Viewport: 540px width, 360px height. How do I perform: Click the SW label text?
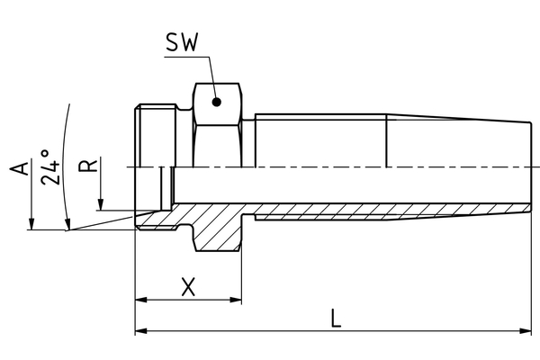(x=184, y=42)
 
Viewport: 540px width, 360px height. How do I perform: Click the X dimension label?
(x=187, y=287)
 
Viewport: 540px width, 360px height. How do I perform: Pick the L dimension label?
(x=335, y=318)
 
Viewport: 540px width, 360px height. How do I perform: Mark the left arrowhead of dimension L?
(x=140, y=331)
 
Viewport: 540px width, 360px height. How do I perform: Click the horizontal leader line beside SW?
(x=187, y=58)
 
